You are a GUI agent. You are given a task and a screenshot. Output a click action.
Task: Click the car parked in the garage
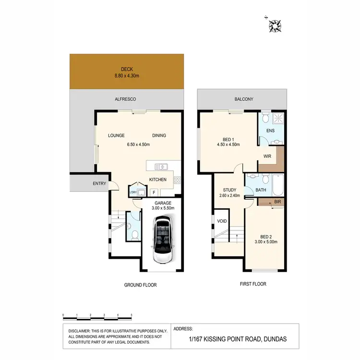click(162, 240)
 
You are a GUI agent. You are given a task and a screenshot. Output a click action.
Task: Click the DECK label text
click(127, 69)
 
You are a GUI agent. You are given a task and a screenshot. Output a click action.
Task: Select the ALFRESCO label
click(125, 99)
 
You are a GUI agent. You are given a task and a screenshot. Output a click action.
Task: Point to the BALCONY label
click(243, 99)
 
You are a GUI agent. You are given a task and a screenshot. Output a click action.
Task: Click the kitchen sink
click(161, 167)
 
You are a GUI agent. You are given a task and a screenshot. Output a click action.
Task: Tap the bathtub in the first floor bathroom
click(278, 184)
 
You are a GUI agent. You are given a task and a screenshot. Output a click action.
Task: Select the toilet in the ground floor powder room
click(135, 235)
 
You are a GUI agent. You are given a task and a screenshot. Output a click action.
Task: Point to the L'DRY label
click(133, 193)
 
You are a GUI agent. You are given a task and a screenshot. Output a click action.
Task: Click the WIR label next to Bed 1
click(267, 156)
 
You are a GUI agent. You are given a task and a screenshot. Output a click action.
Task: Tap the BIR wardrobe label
click(277, 202)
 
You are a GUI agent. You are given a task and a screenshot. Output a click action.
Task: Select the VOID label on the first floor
click(221, 221)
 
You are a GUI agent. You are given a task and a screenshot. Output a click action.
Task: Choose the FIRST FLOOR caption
click(253, 284)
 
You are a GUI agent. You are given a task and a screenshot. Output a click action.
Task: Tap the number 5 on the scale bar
click(132, 315)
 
